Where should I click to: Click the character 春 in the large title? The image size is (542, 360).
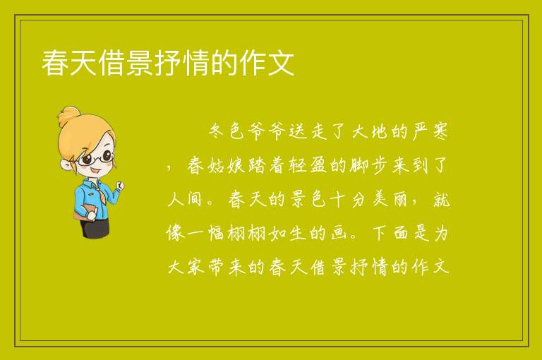click(55, 63)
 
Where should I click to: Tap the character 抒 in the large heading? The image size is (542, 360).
click(168, 63)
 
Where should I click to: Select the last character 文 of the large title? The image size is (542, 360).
click(280, 63)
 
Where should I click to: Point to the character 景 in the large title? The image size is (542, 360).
click(140, 63)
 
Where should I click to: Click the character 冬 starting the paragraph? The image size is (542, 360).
click(217, 131)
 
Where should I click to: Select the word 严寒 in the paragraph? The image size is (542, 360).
click(430, 131)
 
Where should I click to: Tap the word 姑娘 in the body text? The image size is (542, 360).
click(227, 165)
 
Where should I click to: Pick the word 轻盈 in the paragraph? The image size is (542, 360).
click(308, 165)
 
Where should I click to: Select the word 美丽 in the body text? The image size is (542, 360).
click(390, 199)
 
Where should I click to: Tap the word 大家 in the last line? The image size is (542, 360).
click(186, 267)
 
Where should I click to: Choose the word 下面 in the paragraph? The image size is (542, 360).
click(390, 233)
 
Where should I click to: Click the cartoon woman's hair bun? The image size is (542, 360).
click(69, 116)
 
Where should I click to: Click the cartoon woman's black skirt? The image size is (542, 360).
click(95, 227)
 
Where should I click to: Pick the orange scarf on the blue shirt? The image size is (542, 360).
click(100, 193)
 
